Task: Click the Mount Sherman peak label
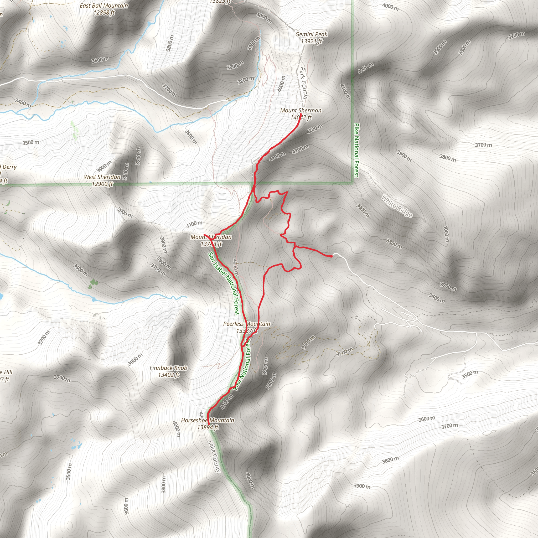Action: (301, 111)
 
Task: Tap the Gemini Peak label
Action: (311, 34)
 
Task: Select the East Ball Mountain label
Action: (104, 6)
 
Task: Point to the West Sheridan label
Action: (102, 177)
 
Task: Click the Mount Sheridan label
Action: (211, 237)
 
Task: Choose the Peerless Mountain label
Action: (246, 324)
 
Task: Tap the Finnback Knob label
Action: (168, 368)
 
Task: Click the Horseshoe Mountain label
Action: (208, 420)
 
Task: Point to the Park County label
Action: (303, 83)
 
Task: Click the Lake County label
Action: (214, 457)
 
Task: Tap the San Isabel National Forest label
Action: (224, 283)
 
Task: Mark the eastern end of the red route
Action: (331, 256)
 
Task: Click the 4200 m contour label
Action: (314, 128)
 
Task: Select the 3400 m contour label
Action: (23, 102)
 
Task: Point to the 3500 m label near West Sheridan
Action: (31, 143)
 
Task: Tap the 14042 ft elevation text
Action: (301, 117)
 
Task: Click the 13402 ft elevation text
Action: (168, 375)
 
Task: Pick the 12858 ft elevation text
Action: (104, 13)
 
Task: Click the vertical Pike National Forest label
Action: (356, 150)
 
